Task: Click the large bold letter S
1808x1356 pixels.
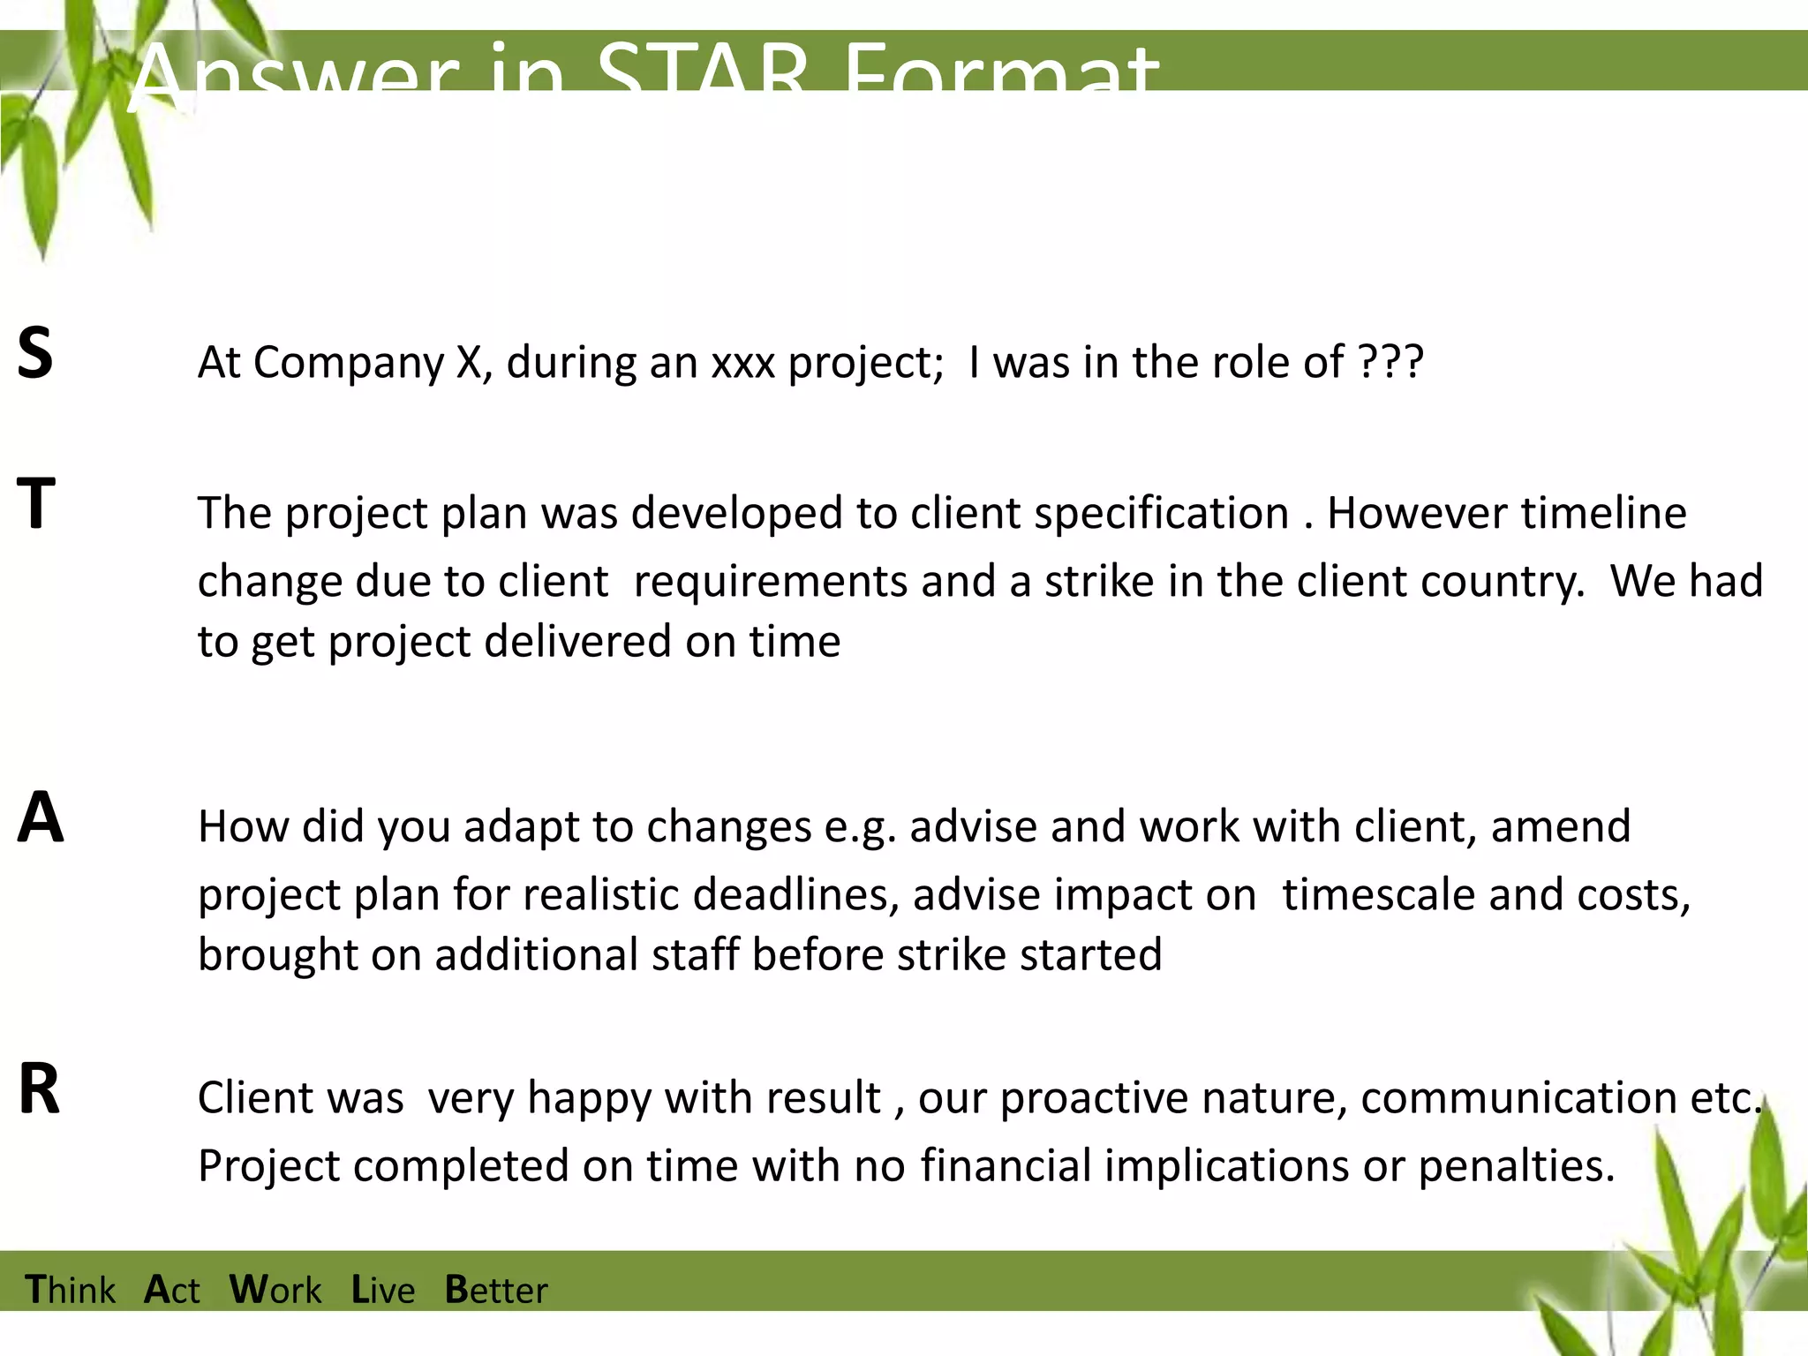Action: coord(35,353)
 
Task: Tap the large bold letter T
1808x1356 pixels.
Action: coord(36,503)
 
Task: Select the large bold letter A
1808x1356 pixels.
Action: coord(41,817)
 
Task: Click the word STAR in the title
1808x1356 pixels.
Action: coord(702,74)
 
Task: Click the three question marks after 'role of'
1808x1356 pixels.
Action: coord(1390,362)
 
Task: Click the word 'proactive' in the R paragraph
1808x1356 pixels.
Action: coord(1094,1098)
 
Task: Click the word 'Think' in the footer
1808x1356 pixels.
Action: coord(71,1290)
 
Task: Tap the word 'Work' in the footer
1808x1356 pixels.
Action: coord(275,1290)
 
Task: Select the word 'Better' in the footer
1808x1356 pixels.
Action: coord(495,1290)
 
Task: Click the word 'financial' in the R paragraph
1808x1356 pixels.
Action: coord(1006,1166)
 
